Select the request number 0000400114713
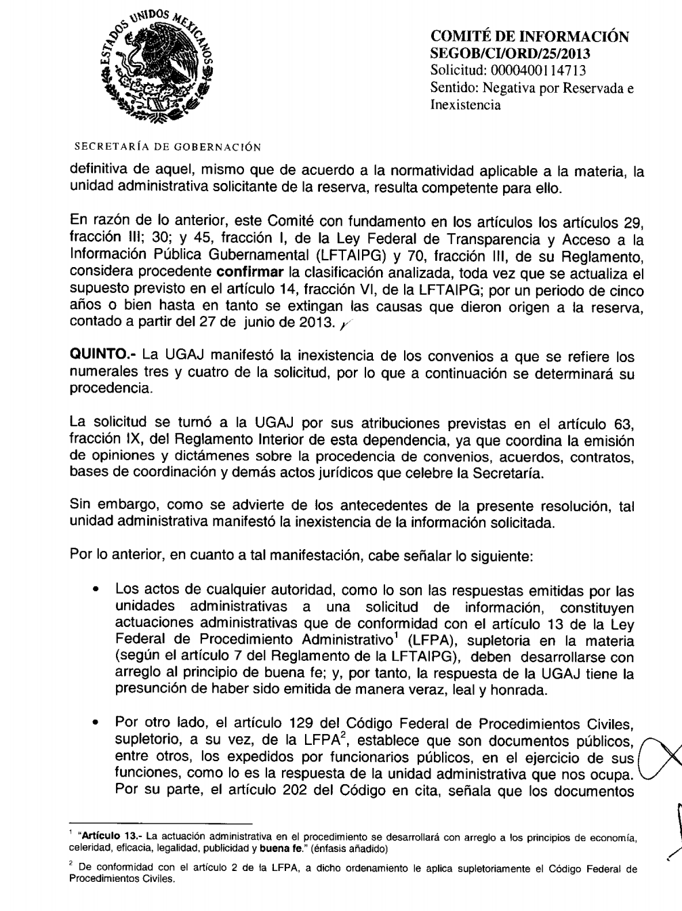pyautogui.click(x=528, y=70)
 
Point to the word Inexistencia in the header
pyautogui.click(x=466, y=105)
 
